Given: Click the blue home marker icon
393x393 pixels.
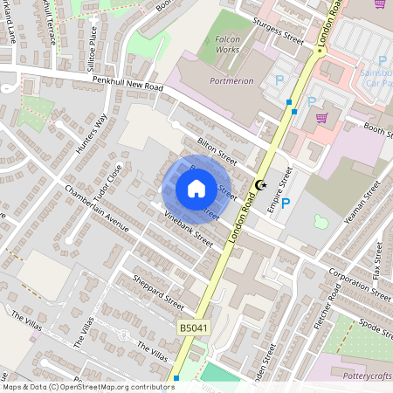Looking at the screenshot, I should coord(196,189).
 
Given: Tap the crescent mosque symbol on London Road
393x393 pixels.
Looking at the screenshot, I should coord(259,184).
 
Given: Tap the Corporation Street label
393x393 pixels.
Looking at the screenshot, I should coord(361,285).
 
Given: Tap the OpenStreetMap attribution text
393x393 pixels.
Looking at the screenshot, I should coord(87,386).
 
